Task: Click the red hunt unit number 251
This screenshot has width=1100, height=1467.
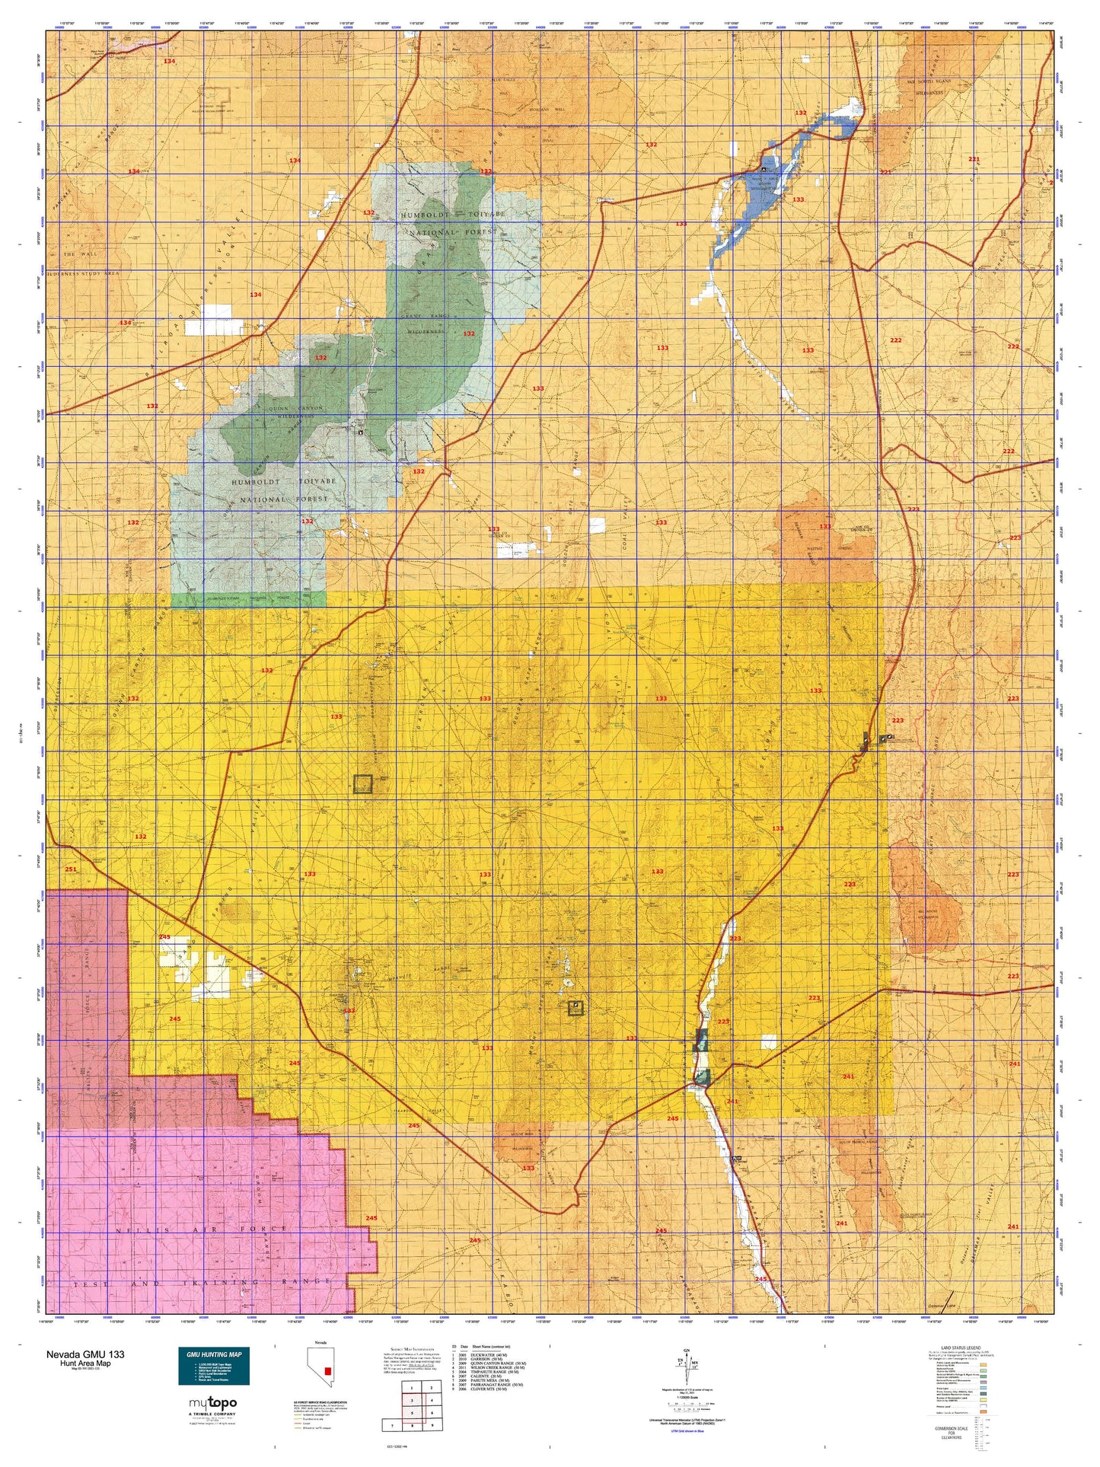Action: click(71, 869)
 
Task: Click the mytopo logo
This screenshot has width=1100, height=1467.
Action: click(212, 1403)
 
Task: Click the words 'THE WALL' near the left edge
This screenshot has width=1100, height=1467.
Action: click(78, 254)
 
